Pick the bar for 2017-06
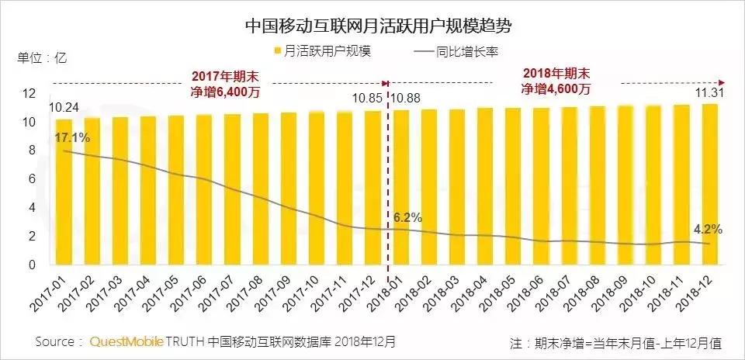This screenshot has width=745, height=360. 204,190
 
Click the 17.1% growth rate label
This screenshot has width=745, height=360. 71,138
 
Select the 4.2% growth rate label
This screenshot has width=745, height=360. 708,230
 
